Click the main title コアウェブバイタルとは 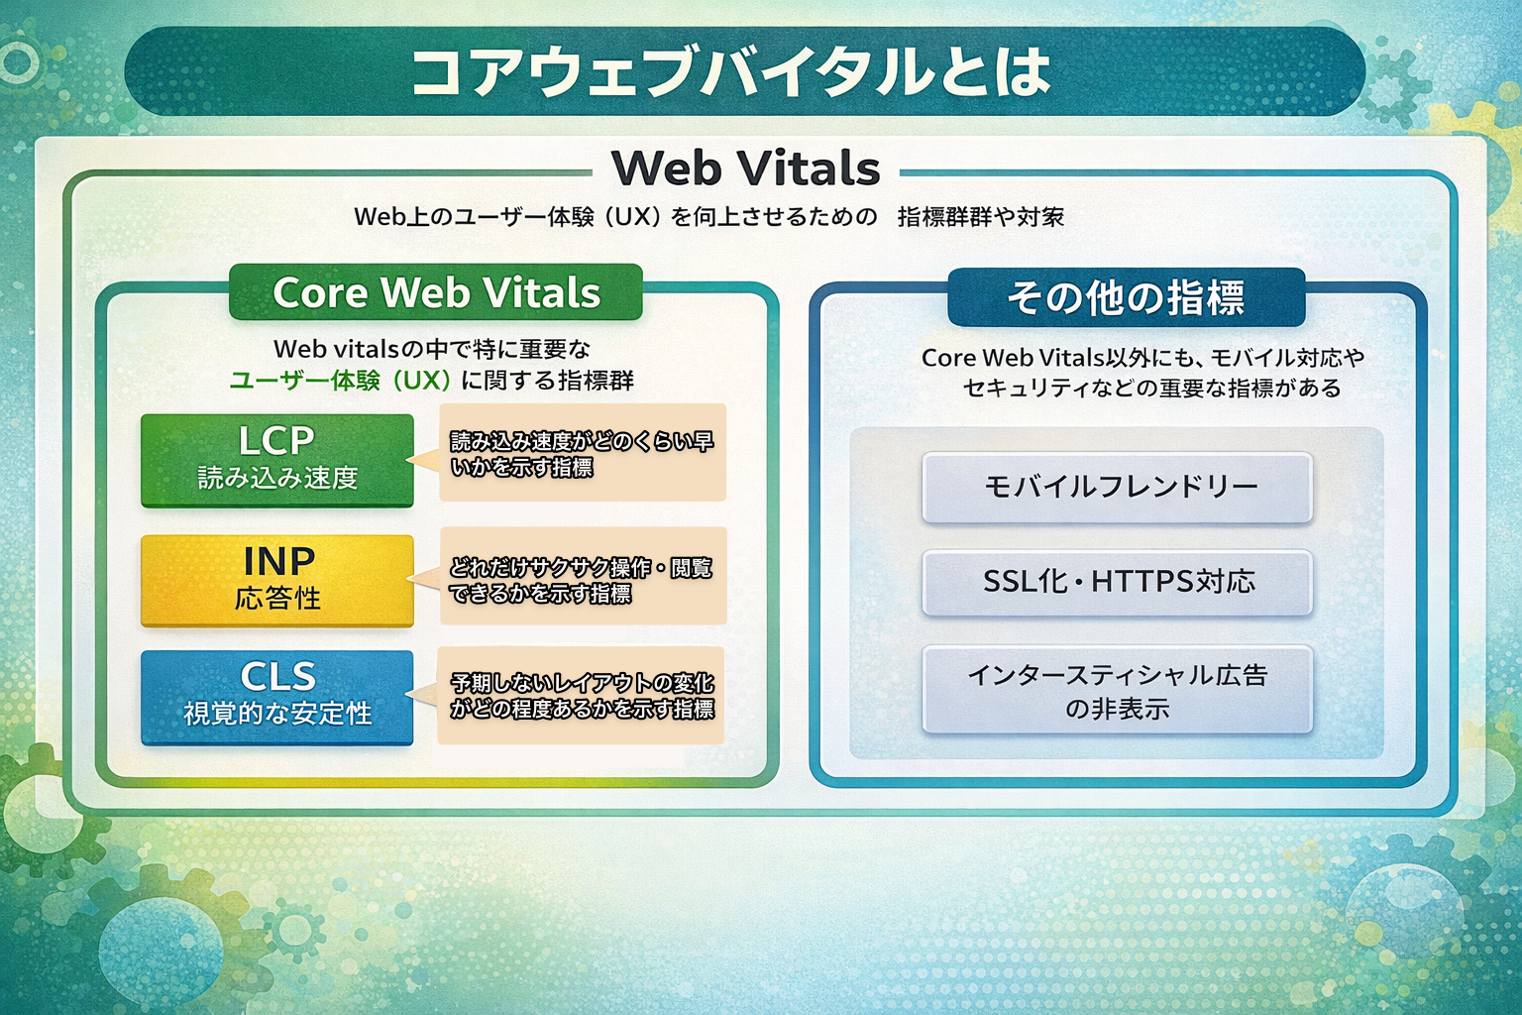pos(730,71)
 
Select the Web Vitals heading pos(745,169)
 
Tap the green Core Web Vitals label pos(436,292)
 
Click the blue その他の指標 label pos(1126,297)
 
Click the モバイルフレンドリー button pos(1118,487)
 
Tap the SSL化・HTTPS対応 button pos(1118,582)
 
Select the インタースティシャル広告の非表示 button pos(1118,691)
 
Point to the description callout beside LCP pos(583,453)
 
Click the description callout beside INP pos(583,579)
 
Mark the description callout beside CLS pos(583,696)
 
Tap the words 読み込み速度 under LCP pos(277,479)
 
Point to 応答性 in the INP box pos(277,599)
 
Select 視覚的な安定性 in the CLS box pos(277,714)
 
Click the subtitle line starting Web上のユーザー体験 pos(708,217)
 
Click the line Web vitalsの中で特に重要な pos(432,349)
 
